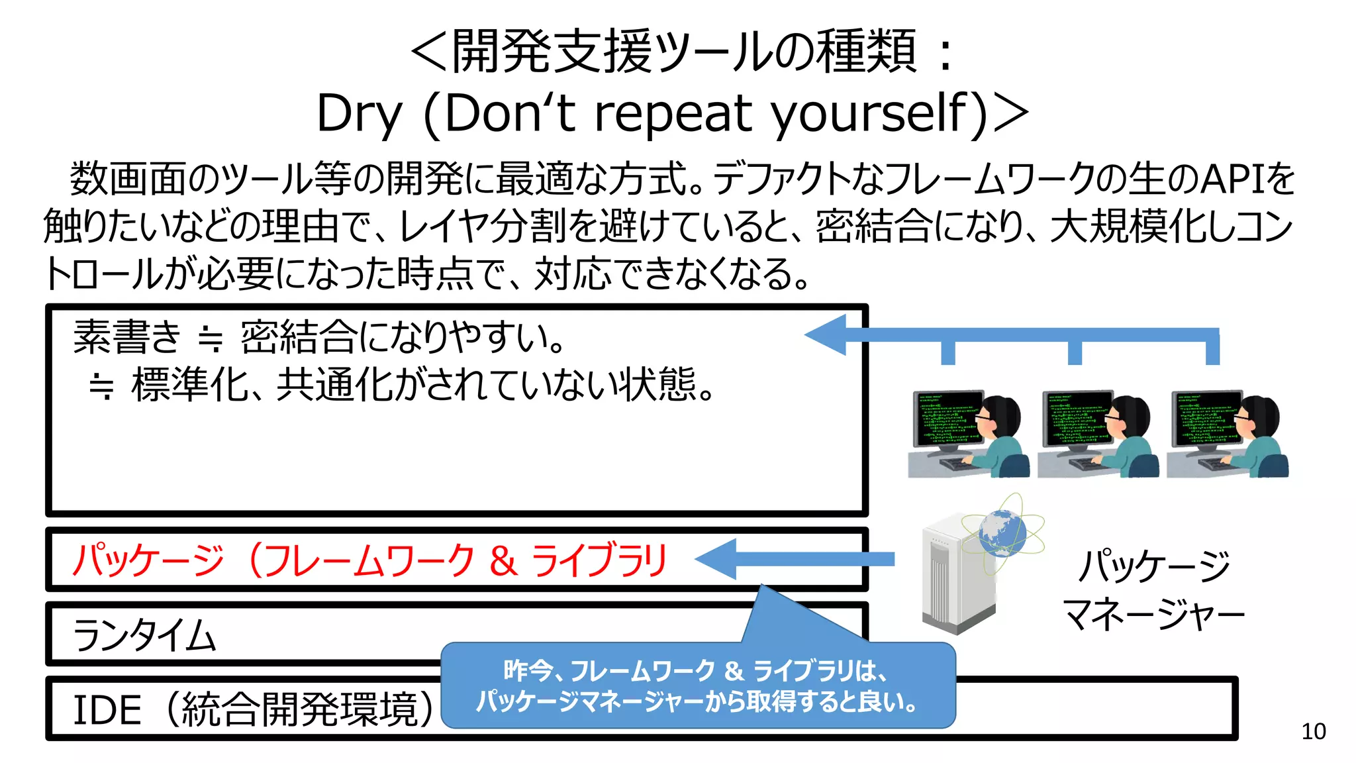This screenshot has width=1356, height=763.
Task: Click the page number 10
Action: [1313, 731]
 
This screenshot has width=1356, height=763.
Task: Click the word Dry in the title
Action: [359, 114]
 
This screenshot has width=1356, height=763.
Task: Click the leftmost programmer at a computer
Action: [968, 433]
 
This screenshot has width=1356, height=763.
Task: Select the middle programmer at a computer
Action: [1097, 433]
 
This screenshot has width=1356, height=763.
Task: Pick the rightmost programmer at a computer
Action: [1227, 433]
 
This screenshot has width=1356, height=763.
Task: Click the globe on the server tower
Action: [1002, 533]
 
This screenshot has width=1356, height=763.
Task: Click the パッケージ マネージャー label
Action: [1153, 589]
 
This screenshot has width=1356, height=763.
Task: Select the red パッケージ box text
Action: [369, 560]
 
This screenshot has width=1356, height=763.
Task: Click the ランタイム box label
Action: [144, 635]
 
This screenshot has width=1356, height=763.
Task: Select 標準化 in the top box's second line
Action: [190, 385]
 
